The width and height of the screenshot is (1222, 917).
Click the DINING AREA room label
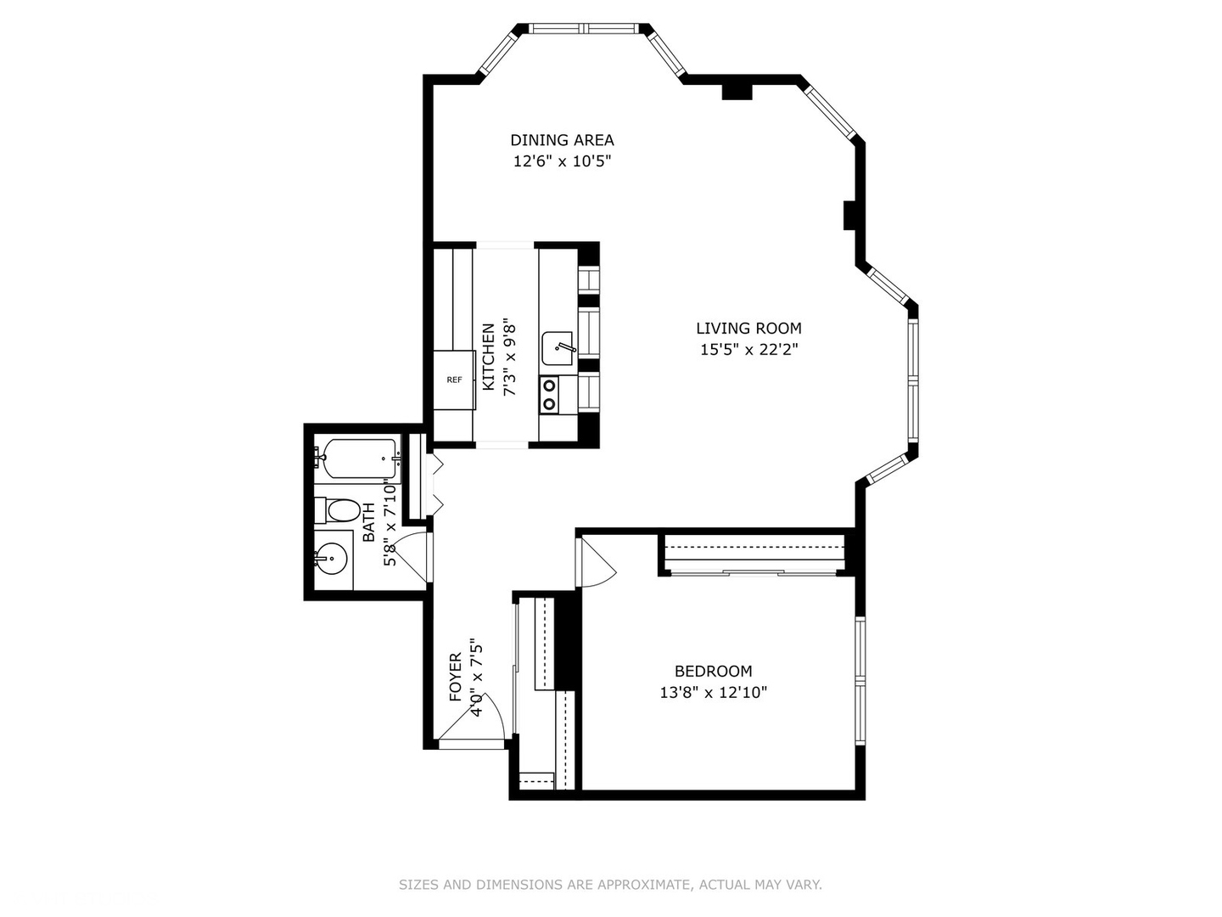(562, 140)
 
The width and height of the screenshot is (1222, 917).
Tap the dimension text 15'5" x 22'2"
(748, 350)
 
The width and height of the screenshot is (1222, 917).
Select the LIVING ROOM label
(748, 329)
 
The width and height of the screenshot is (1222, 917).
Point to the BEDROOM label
(713, 671)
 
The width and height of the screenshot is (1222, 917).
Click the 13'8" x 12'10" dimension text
(713, 693)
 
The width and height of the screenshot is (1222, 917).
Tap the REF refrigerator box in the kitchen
(454, 380)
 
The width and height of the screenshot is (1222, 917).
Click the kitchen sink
(558, 348)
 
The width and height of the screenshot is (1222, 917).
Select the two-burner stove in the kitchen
(550, 395)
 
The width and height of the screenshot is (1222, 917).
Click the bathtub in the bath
(358, 458)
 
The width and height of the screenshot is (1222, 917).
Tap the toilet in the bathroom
(338, 510)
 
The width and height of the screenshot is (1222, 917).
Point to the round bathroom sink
(332, 559)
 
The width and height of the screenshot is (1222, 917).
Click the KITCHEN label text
(488, 357)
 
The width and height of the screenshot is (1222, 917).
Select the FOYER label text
(456, 677)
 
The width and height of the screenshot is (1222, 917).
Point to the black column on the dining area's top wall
(737, 92)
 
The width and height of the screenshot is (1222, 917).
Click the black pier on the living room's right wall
(850, 215)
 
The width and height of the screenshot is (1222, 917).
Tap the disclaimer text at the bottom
(610, 885)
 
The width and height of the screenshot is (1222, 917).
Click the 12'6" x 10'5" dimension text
(562, 161)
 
